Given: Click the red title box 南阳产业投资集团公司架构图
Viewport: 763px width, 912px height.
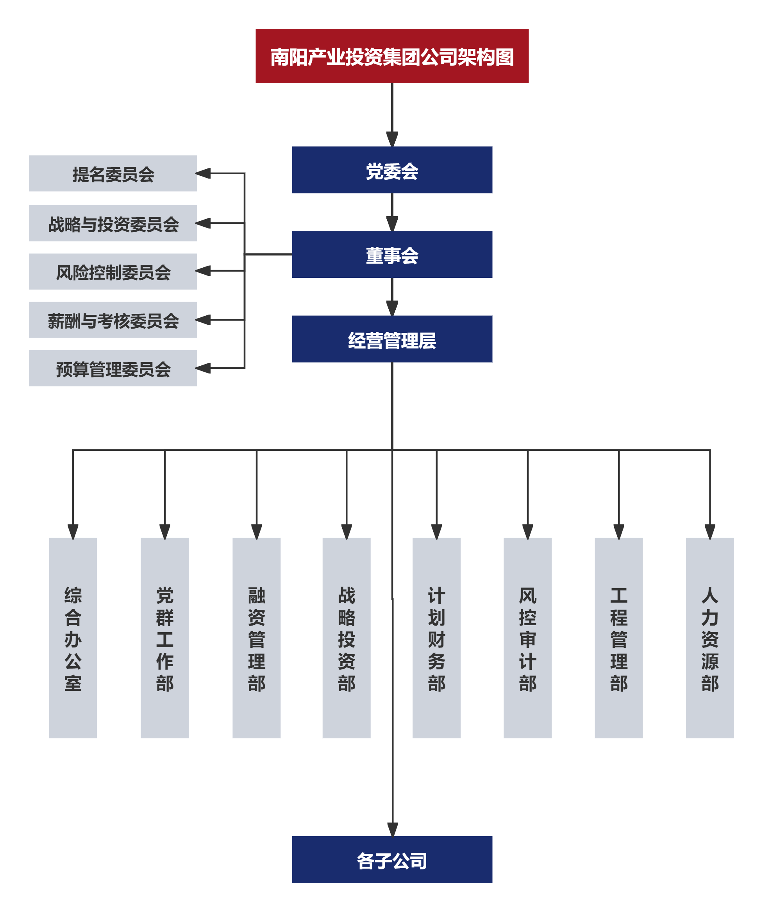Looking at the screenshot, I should (x=392, y=56).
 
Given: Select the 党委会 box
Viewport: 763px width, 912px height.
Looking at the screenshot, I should (x=392, y=170).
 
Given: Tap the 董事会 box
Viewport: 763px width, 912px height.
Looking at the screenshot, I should (x=392, y=254).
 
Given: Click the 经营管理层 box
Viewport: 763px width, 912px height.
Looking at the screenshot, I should (x=392, y=339).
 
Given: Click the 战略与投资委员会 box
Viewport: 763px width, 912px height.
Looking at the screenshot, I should (x=113, y=223).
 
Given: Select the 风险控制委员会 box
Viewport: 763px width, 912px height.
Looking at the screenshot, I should (x=113, y=272).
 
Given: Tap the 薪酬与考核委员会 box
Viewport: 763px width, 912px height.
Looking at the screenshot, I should (x=113, y=320).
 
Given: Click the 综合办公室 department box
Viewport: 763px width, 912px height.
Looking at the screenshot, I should (x=73, y=638).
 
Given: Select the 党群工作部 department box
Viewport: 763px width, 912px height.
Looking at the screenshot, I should (x=164, y=638).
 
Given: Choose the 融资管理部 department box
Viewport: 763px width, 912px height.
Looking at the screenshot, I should (x=256, y=638).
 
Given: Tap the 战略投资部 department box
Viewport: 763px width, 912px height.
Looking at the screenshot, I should (x=346, y=638).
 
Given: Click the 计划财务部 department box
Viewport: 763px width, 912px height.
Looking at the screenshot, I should (x=436, y=638).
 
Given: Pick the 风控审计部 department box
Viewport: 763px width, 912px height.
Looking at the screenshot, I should (x=528, y=638).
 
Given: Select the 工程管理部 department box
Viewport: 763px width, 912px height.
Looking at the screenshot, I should (x=619, y=638).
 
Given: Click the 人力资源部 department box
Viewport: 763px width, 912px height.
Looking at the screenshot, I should (x=710, y=638).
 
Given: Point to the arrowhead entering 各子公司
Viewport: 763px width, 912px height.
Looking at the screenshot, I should (x=393, y=830).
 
